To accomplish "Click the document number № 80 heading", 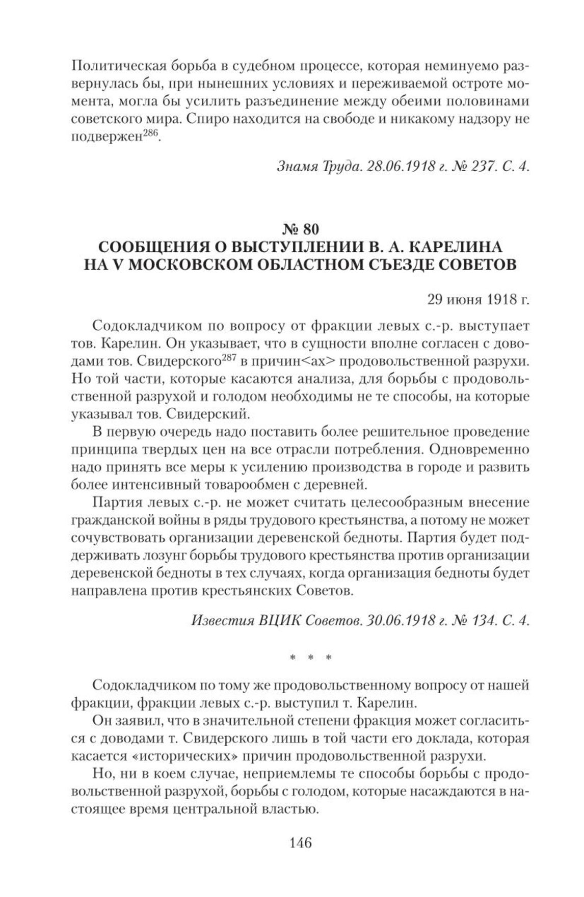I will [300, 226].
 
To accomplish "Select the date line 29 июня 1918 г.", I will [478, 299].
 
